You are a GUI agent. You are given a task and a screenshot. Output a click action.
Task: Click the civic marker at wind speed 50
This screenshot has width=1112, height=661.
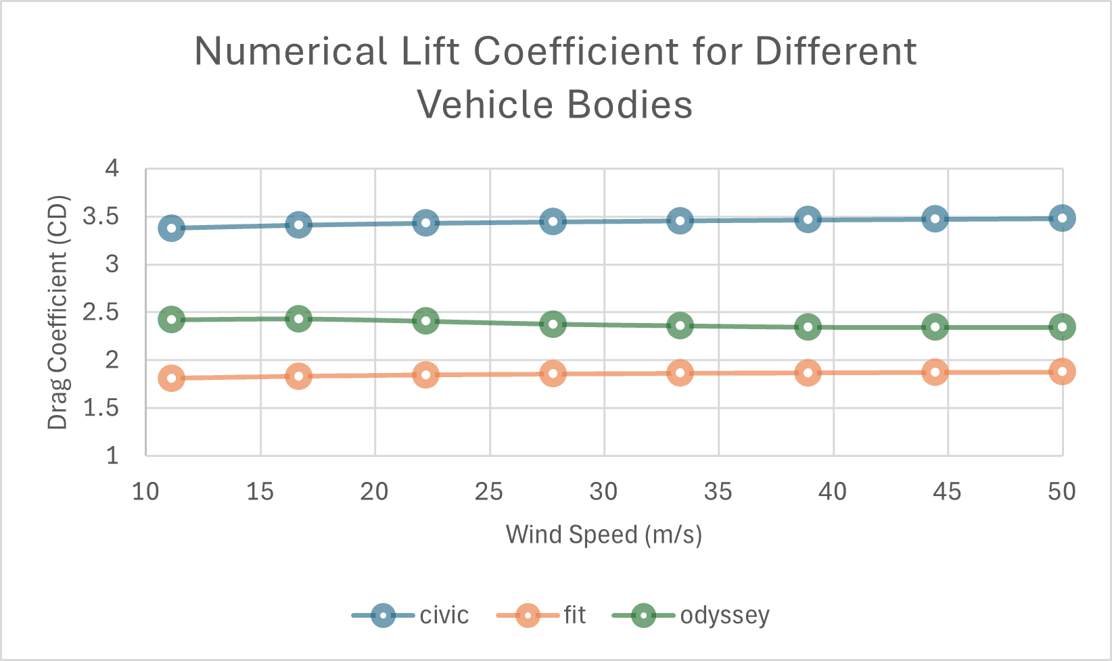point(1062,218)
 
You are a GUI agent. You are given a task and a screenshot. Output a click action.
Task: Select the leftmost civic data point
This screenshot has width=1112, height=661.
point(171,228)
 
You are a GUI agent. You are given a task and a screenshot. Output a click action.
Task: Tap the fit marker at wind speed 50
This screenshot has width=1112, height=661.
point(1062,372)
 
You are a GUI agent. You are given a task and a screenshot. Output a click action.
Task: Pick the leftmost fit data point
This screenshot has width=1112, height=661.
point(171,378)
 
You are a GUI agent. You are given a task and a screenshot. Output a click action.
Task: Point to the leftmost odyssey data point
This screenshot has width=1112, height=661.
point(171,320)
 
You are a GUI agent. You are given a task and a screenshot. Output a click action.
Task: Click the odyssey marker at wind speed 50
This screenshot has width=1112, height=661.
point(1062,327)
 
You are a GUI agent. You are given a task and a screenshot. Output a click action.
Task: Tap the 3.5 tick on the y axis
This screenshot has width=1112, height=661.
point(100,217)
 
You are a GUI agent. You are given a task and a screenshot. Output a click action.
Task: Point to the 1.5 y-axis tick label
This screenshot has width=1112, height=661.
point(100,408)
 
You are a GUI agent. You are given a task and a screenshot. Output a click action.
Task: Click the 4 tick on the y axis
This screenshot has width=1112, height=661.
point(112,169)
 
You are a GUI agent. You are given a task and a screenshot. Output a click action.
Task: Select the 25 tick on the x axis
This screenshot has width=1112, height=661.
point(489,492)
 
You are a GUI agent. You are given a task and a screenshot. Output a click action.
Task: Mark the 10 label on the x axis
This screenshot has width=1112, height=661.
point(145,492)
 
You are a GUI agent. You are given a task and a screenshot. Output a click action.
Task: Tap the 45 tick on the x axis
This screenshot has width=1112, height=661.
point(947,492)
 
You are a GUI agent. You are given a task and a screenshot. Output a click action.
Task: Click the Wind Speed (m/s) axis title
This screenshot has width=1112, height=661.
point(604,535)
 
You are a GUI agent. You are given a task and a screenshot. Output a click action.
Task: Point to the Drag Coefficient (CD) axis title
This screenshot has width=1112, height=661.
point(58,312)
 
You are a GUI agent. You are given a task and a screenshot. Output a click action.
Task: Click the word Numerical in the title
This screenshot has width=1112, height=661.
point(291,51)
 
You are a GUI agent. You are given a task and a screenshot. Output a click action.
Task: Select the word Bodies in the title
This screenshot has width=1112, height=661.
point(629,105)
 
